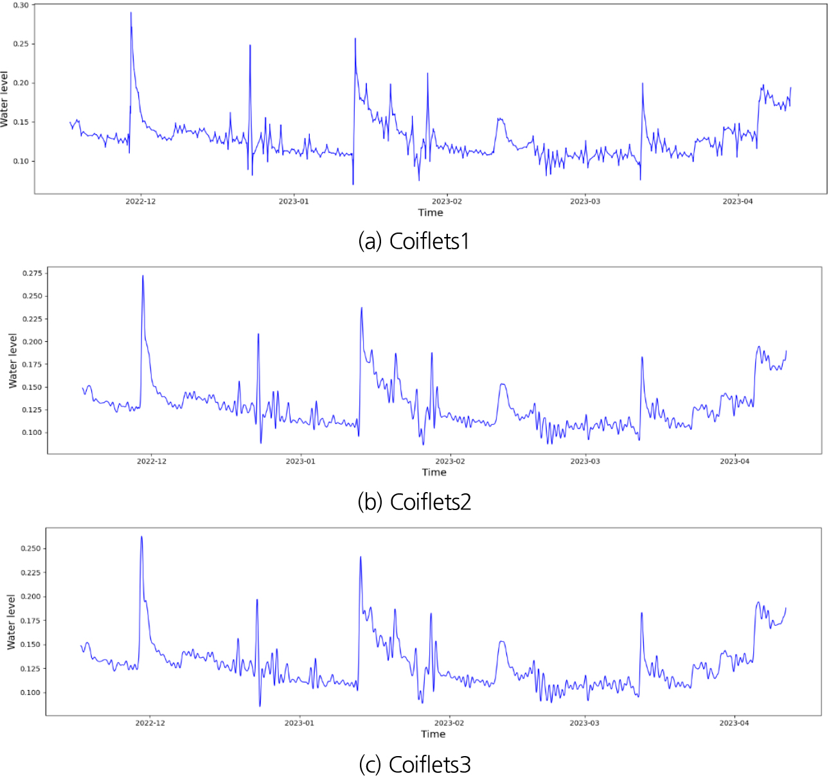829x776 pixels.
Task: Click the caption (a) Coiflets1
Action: pos(414,241)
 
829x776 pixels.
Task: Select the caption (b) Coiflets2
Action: pos(414,502)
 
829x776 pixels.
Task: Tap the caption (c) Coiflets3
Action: pos(414,764)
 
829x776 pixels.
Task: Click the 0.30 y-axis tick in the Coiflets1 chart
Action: pos(21,5)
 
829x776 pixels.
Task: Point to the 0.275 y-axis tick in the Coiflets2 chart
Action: pos(31,274)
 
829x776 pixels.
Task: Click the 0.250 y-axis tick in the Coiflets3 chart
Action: pos(31,549)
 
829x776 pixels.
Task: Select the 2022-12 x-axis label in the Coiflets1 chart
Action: pos(139,202)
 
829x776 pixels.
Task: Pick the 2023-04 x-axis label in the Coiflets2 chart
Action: pos(735,461)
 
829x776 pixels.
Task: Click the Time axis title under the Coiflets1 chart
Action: pos(431,213)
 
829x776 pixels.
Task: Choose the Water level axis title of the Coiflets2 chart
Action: pos(13,360)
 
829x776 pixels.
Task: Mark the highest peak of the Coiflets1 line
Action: pos(131,13)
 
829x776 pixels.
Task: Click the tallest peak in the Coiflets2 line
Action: pos(143,276)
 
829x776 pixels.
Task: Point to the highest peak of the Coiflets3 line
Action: pos(141,537)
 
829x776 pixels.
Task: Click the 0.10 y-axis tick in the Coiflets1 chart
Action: pos(21,161)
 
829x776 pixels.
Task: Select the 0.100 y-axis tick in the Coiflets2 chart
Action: pos(31,432)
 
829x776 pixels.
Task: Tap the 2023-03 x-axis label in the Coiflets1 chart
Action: pos(585,202)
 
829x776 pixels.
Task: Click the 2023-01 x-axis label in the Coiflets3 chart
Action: pos(299,723)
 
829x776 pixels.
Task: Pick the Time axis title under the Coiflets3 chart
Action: pos(433,734)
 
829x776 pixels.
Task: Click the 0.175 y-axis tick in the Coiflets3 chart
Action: pos(31,621)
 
